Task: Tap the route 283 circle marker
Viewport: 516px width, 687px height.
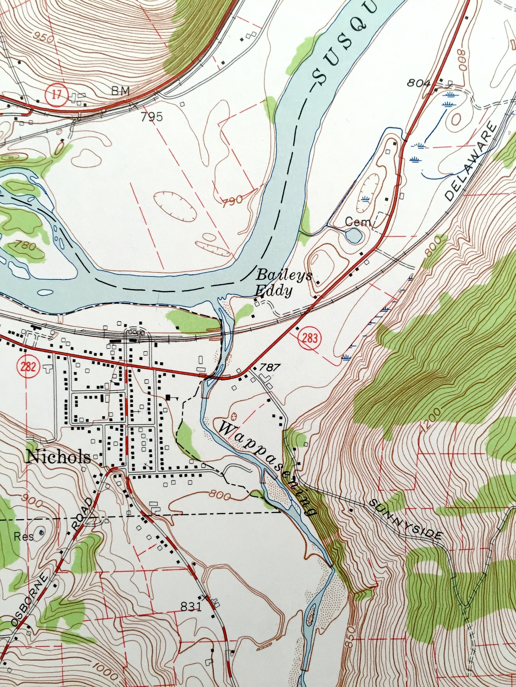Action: click(311, 338)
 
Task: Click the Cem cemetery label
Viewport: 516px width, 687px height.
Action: click(358, 222)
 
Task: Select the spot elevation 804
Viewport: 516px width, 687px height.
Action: click(419, 83)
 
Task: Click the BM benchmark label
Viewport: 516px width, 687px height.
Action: click(120, 91)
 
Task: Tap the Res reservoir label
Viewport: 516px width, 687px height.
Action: click(23, 537)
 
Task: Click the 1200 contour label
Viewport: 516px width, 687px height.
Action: click(432, 421)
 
